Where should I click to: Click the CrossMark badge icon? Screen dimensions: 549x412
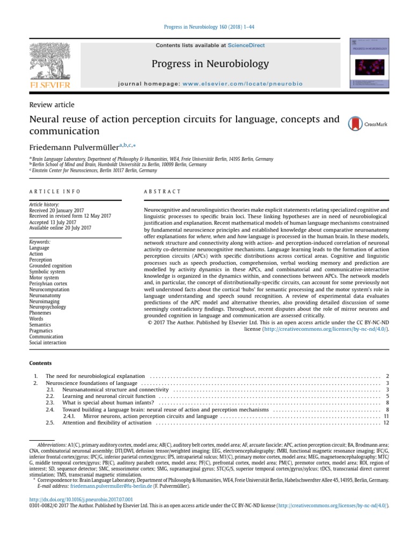[355, 124]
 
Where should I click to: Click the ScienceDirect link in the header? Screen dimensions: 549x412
[246, 46]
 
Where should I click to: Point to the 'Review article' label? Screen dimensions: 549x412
[52, 105]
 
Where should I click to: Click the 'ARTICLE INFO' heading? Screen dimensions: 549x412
[55, 191]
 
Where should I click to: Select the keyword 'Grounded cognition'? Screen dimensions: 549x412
[50, 265]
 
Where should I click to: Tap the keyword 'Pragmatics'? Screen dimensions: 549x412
[42, 331]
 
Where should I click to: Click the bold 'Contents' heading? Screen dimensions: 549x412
[40, 363]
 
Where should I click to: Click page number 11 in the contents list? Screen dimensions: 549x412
[386, 416]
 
